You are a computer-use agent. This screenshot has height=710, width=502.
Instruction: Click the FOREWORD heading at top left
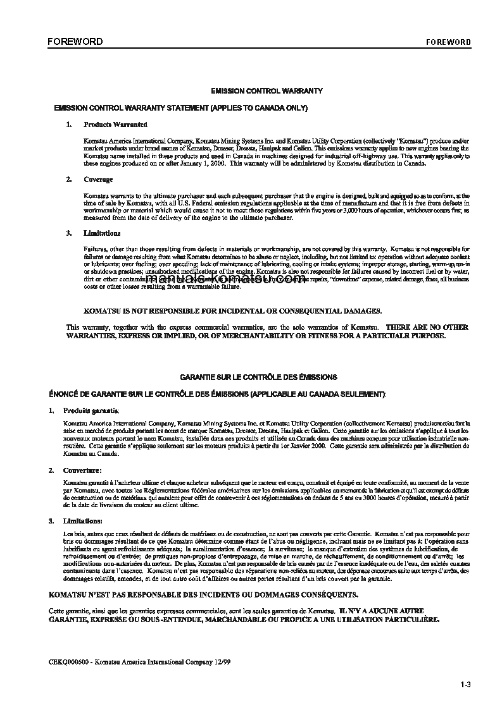75,42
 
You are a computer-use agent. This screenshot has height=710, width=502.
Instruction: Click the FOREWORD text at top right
448,42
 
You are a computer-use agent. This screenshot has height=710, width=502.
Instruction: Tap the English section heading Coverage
98,180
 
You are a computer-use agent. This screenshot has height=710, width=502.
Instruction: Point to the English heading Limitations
102,233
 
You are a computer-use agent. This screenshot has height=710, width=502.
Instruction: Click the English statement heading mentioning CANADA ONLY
181,108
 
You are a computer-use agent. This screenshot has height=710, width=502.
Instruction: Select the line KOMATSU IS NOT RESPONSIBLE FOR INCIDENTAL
233,311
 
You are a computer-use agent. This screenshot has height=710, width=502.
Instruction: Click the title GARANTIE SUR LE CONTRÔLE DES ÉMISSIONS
258,377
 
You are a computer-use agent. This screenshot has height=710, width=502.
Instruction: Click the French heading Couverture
83,470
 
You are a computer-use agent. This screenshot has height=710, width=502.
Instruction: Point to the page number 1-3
467,684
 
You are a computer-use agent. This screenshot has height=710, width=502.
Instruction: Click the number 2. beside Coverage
69,180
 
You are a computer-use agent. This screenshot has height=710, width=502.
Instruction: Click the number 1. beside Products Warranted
69,125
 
